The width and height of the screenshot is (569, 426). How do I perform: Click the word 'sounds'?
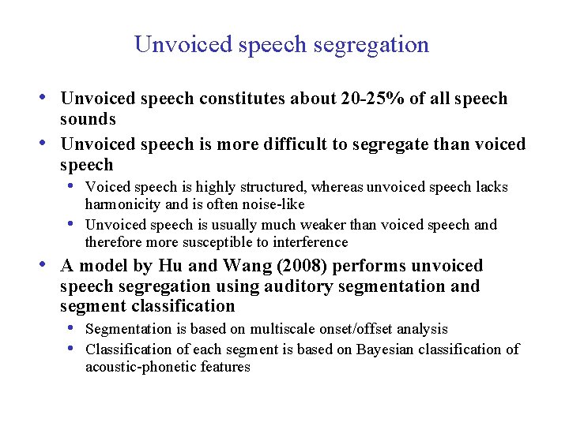[88, 119]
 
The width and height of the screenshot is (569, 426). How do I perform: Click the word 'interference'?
[309, 242]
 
